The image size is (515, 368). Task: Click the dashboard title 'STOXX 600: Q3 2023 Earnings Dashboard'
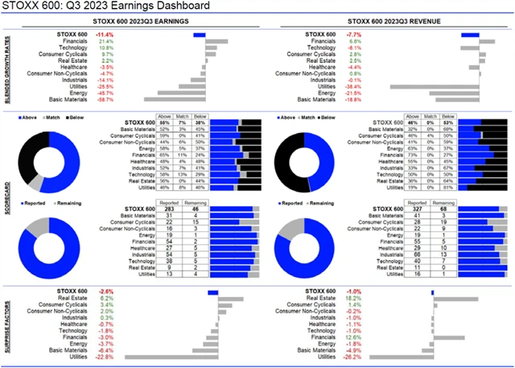109,6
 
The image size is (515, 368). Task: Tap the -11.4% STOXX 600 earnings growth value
105,35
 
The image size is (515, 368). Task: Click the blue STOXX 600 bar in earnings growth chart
200,35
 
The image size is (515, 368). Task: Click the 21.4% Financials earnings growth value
105,41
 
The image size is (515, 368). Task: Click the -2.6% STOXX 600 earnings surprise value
105,292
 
